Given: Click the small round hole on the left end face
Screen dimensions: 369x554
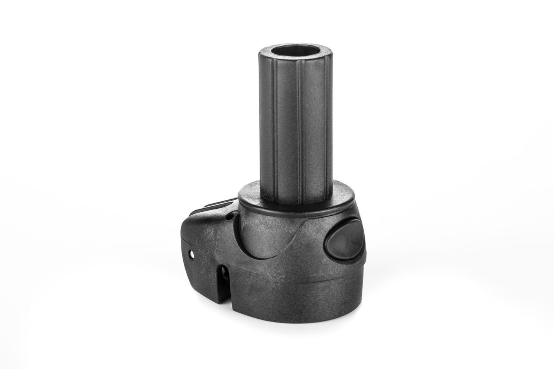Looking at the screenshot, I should click(192, 254).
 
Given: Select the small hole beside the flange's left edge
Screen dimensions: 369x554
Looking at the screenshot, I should click(233, 214).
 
